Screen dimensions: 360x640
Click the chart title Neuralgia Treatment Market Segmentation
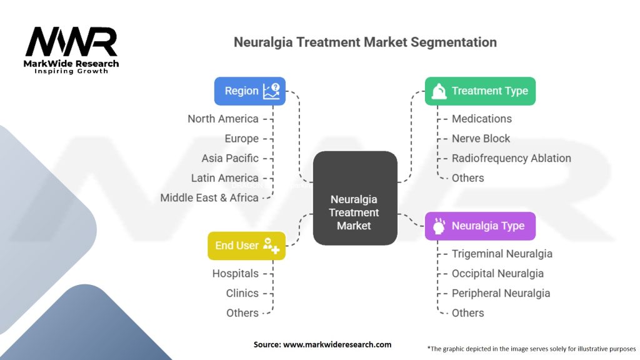click(365, 42)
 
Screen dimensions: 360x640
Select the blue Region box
click(250, 91)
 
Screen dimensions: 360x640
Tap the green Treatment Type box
click(480, 91)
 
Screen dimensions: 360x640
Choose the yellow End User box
click(246, 246)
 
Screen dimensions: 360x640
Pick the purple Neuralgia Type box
click(480, 226)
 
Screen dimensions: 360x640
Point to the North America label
click(223, 119)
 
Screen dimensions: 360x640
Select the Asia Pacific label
click(230, 158)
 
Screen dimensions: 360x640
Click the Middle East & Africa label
click(209, 197)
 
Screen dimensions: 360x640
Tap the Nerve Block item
click(481, 139)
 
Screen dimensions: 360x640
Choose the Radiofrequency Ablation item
click(511, 158)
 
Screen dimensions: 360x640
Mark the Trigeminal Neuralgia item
click(502, 254)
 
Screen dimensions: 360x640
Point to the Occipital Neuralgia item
click(497, 273)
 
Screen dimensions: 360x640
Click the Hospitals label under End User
click(235, 273)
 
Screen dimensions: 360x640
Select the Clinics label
click(242, 293)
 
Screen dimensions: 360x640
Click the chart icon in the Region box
click(271, 91)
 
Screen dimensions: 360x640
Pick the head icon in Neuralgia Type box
click(439, 226)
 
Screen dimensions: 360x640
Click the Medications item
click(481, 119)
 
